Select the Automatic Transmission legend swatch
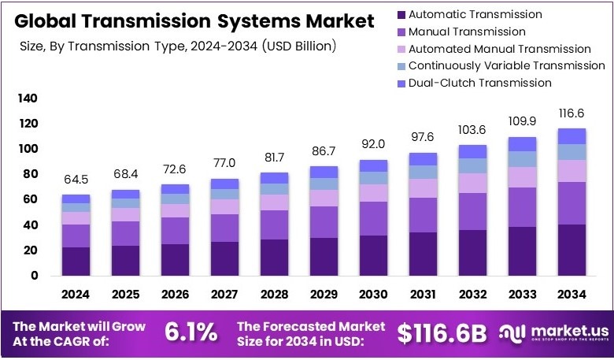pyautogui.click(x=401, y=14)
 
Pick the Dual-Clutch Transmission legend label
pyautogui.click(x=480, y=83)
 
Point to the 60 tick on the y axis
pyautogui.click(x=30, y=200)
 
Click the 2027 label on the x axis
pyautogui.click(x=224, y=295)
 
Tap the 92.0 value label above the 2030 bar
pyautogui.click(x=374, y=144)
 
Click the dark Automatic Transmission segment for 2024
pyautogui.click(x=76, y=262)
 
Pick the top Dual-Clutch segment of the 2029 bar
pyautogui.click(x=324, y=172)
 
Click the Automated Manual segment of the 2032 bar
pyautogui.click(x=473, y=183)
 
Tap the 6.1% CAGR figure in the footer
pyautogui.click(x=190, y=332)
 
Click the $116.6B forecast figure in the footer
pyautogui.click(x=442, y=333)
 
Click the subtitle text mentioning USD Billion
pyautogui.click(x=178, y=46)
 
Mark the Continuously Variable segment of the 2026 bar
pyautogui.click(x=176, y=199)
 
